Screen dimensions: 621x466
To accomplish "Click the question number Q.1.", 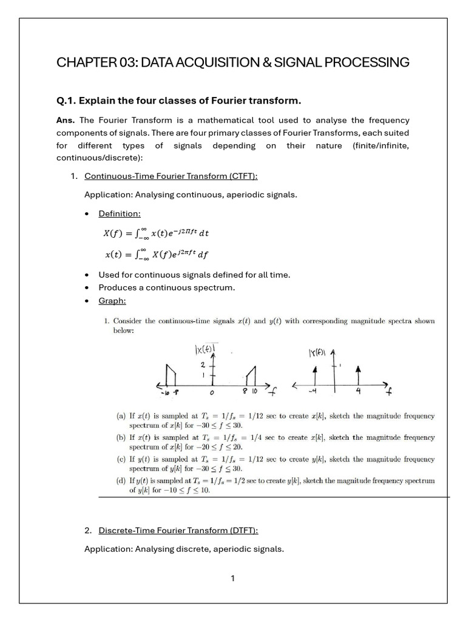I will click(66, 100).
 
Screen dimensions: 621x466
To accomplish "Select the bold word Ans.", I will click(66, 120).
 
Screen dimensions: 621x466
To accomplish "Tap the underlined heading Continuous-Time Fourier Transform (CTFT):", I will click(171, 176).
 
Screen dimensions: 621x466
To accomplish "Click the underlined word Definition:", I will click(120, 213).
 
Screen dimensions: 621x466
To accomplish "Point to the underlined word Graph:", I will click(112, 300).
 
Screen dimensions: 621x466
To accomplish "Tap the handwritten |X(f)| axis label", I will click(206, 350).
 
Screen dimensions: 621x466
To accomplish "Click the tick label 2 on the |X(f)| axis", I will click(203, 365).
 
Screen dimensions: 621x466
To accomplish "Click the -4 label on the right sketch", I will click(312, 392).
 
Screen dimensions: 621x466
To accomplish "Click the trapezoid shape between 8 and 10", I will click(251, 376).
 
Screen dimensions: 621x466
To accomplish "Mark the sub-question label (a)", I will click(121, 416).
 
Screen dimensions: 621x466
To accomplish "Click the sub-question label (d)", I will click(121, 480).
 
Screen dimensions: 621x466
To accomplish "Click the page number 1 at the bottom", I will click(232, 578).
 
